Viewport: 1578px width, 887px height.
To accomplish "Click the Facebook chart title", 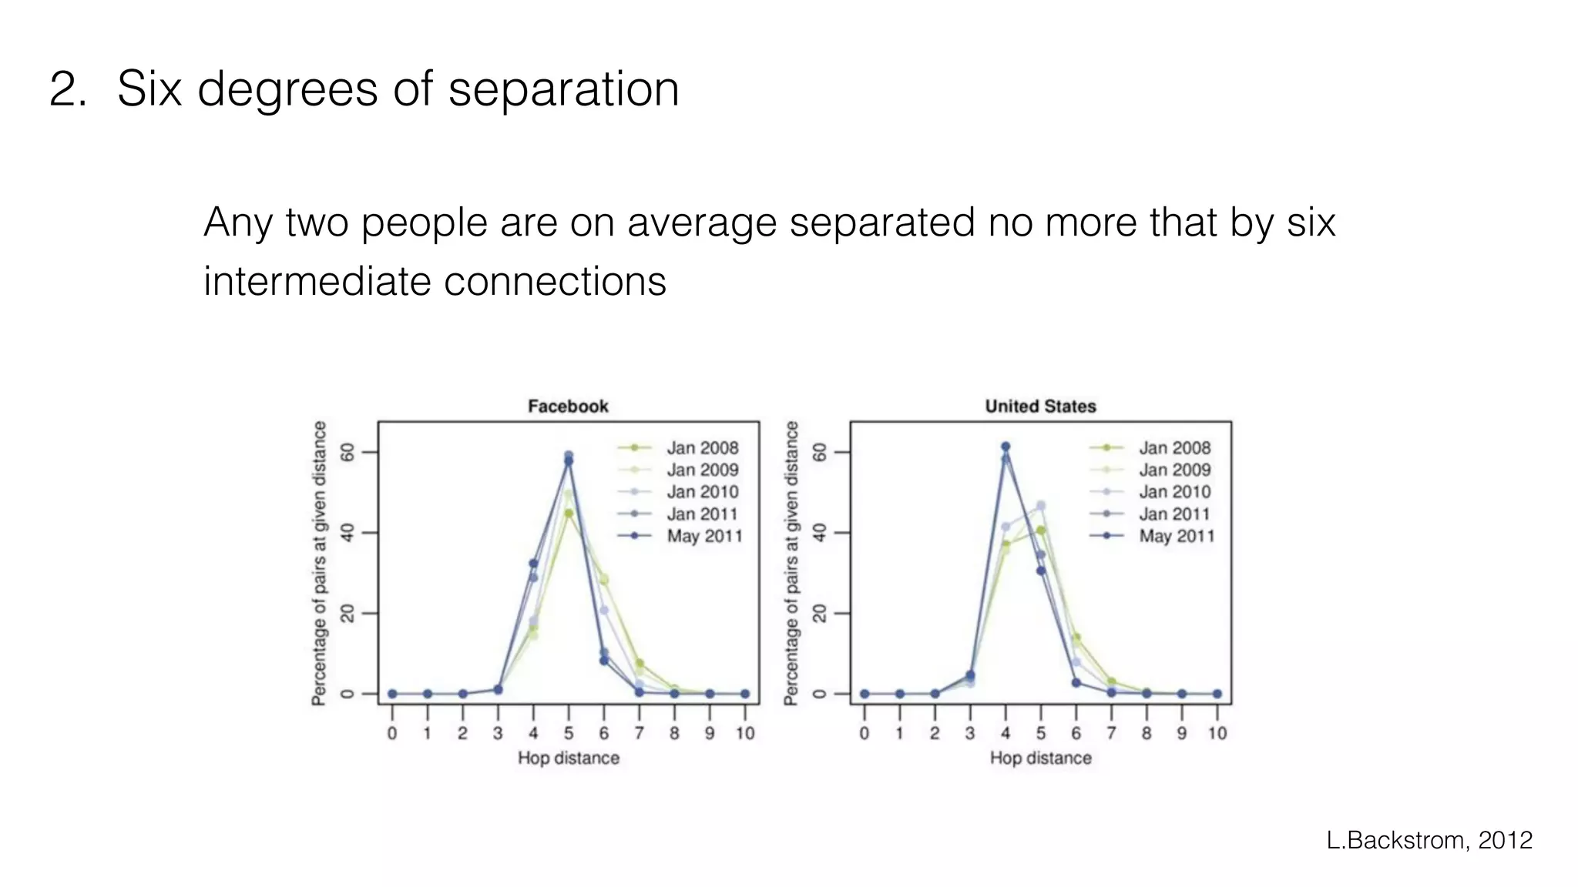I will tap(568, 406).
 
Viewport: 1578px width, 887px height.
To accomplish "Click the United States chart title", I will tap(1040, 406).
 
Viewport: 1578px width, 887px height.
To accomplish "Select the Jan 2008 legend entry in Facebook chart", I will tap(702, 447).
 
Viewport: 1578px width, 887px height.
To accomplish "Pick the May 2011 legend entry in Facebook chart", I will tap(704, 536).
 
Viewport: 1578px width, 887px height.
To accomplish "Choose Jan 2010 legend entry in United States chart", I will tap(1174, 491).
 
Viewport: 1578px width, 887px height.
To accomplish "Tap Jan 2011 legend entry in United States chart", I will tap(1174, 514).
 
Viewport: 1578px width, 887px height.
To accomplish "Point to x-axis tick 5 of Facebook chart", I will tap(569, 733).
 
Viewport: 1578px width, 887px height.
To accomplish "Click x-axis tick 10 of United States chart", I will tap(1217, 733).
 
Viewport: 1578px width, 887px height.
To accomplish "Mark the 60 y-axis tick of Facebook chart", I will tap(347, 452).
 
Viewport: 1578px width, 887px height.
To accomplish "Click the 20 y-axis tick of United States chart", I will tap(820, 613).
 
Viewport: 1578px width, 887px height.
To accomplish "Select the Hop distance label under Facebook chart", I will tap(568, 758).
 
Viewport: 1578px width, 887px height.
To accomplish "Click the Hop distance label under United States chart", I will tap(1040, 758).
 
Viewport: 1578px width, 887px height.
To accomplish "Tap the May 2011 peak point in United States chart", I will tap(1006, 447).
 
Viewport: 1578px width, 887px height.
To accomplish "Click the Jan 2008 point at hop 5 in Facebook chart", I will tap(569, 513).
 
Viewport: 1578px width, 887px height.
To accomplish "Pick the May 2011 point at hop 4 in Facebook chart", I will tap(533, 564).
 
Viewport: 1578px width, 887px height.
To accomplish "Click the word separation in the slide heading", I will tap(563, 89).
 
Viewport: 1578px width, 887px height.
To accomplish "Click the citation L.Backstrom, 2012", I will tap(1429, 840).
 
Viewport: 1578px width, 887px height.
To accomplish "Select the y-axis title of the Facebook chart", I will tap(319, 563).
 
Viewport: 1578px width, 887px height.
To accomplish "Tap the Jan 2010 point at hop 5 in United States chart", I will tap(1041, 506).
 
